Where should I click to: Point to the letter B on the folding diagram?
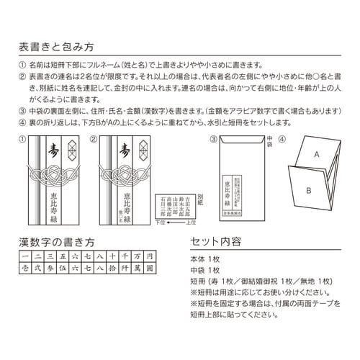coord(308,190)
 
